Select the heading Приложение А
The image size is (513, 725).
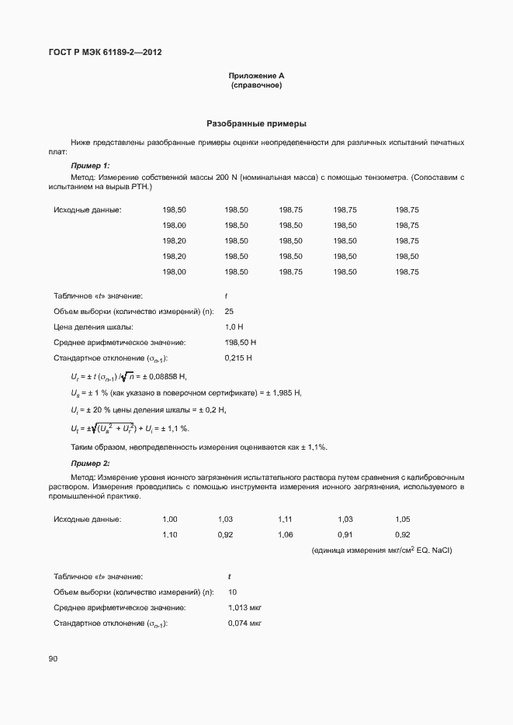tap(256, 75)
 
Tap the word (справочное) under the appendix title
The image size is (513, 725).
tap(256, 85)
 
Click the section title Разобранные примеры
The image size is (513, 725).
tap(256, 123)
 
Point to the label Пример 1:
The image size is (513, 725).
tap(90, 166)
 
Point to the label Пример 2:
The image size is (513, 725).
tap(90, 463)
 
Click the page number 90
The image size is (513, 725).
tap(53, 659)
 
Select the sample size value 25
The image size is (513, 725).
tap(229, 312)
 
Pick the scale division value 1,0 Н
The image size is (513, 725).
tap(234, 327)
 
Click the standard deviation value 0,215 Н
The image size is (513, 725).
tap(238, 358)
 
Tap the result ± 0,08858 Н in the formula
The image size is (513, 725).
tap(164, 376)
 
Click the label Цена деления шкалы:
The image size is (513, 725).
tap(92, 327)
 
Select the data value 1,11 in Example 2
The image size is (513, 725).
tap(285, 519)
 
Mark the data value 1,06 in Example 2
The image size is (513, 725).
tap(285, 535)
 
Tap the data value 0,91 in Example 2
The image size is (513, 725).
tap(345, 535)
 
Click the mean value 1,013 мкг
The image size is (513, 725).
tap(244, 608)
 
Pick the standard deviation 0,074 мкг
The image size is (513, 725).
tap(244, 623)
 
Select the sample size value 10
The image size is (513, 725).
tap(233, 592)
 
